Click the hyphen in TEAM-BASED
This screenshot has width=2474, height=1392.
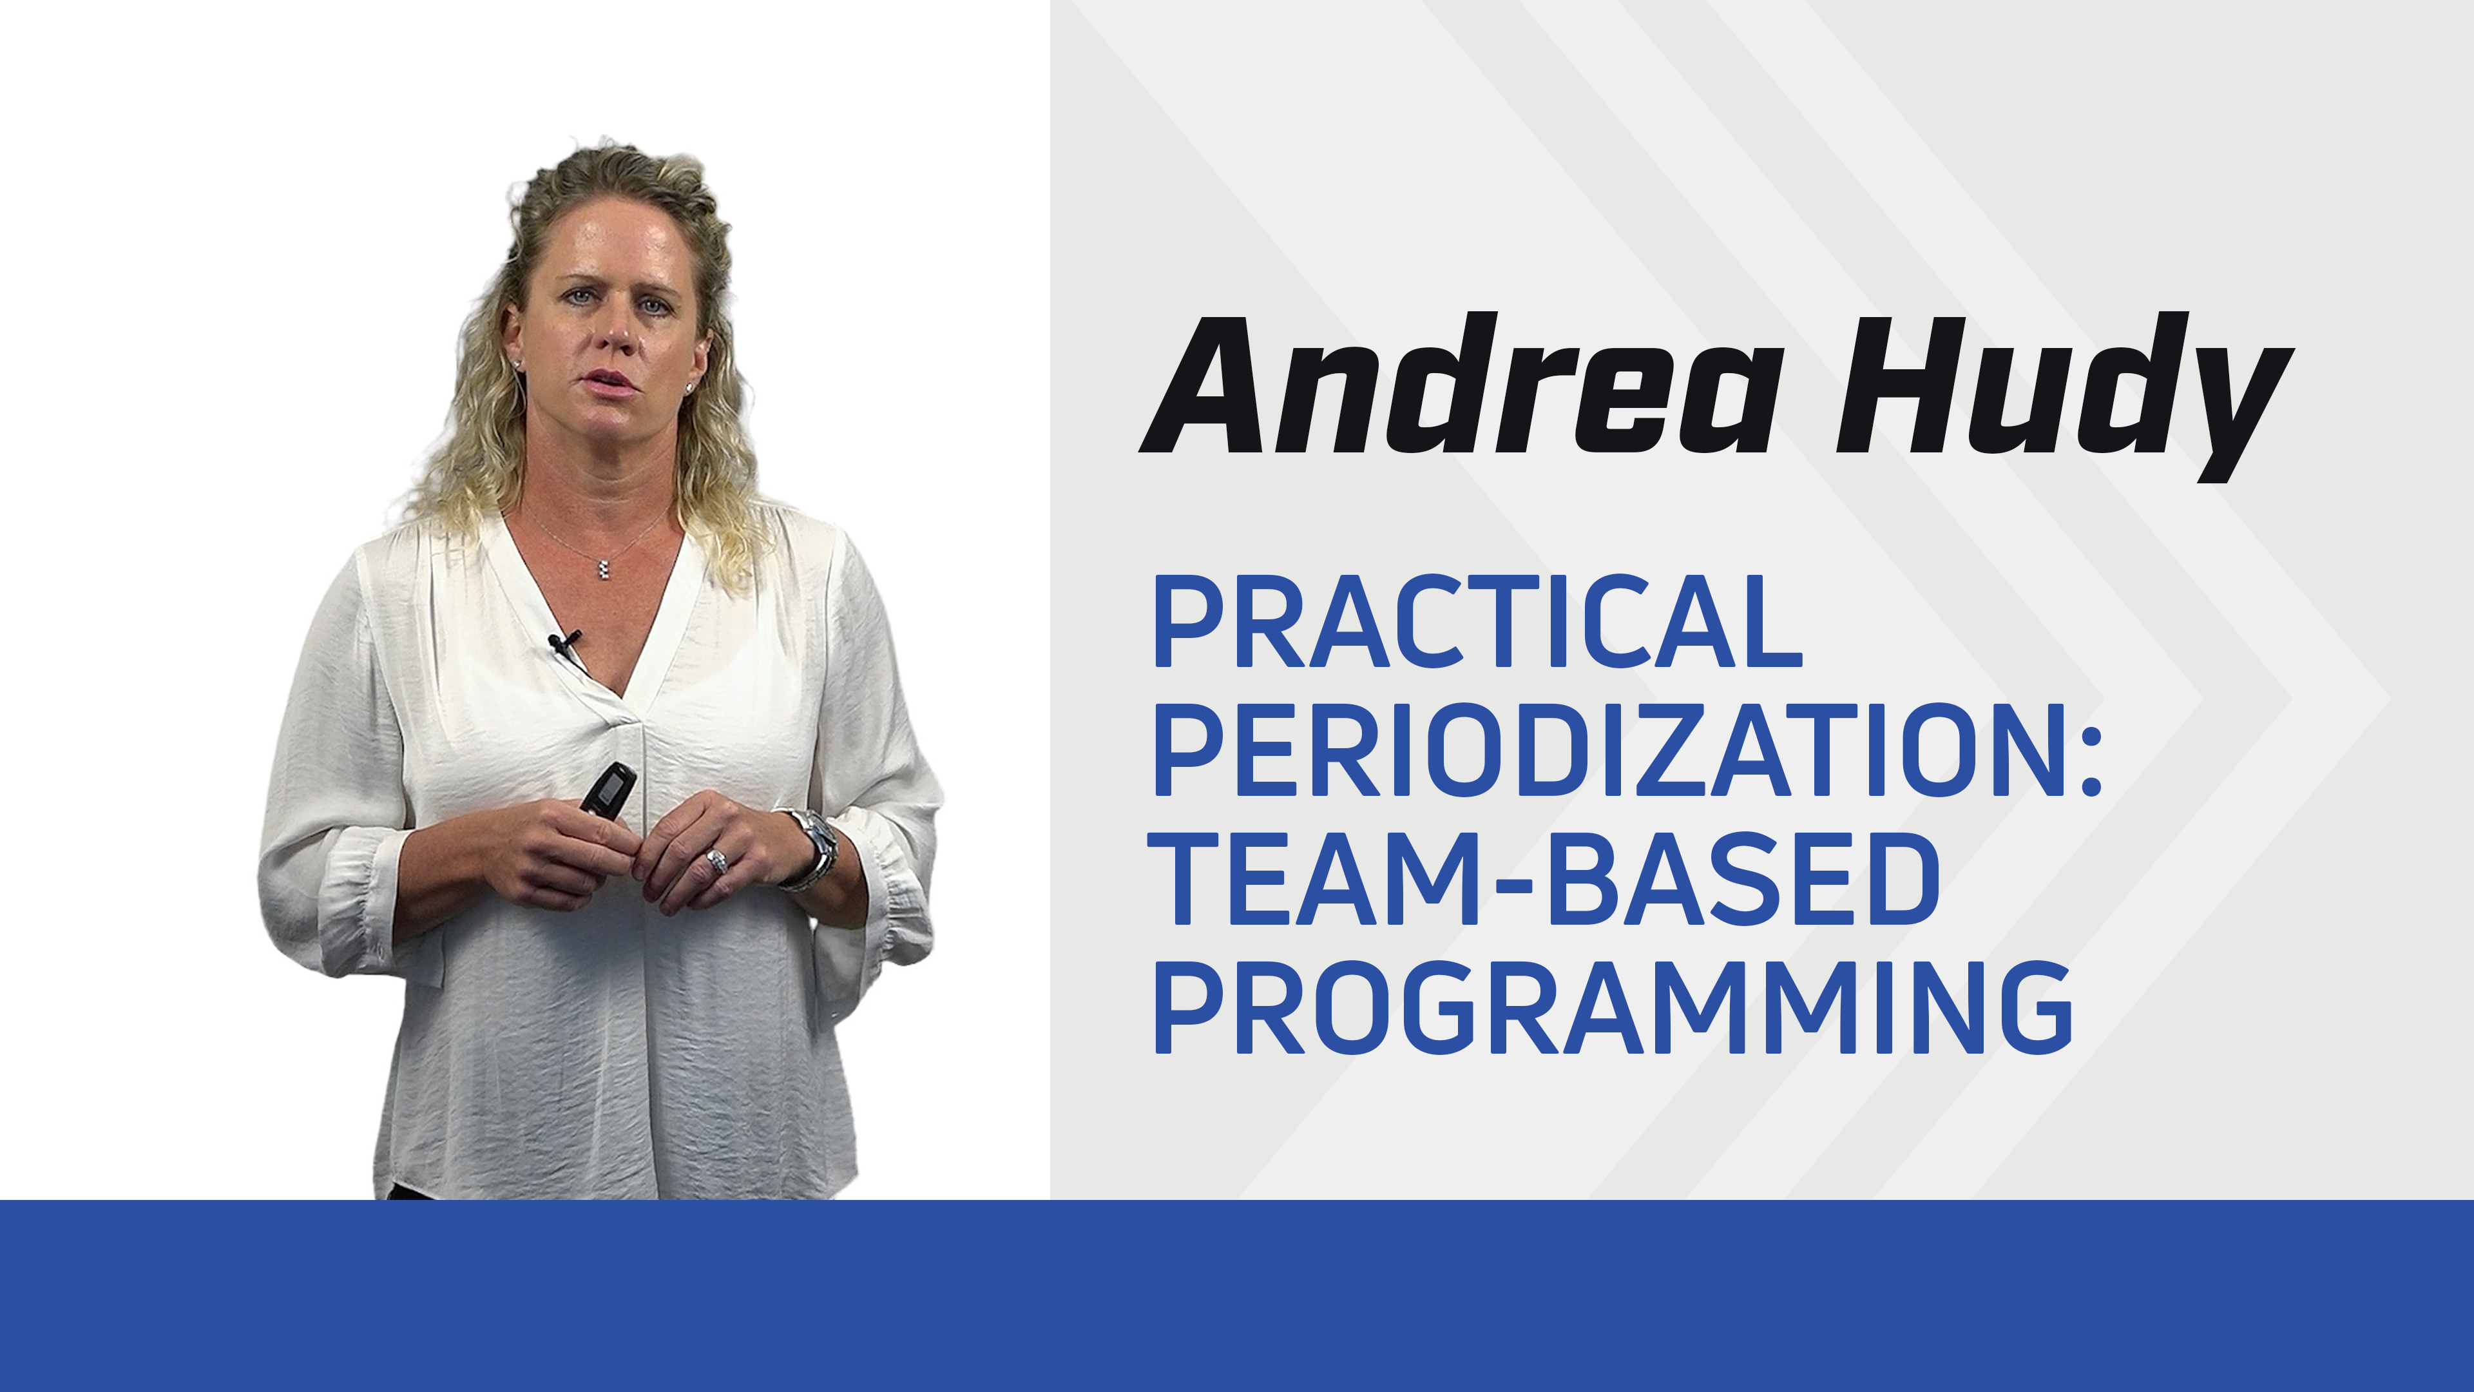(1513, 882)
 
